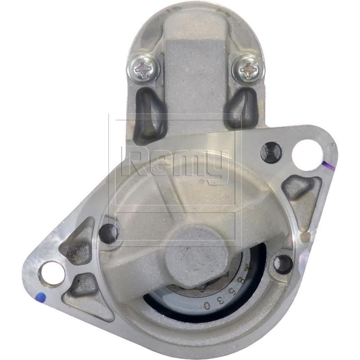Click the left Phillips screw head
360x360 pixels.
pos(144,68)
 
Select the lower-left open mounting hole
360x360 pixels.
pos(53,273)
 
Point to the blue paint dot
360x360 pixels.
pos(41,297)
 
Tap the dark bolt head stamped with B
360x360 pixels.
pos(271,152)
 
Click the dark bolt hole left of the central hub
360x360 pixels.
pos(108,233)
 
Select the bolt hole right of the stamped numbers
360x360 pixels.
pos(283,264)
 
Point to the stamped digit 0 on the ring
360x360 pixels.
pos(207,305)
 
